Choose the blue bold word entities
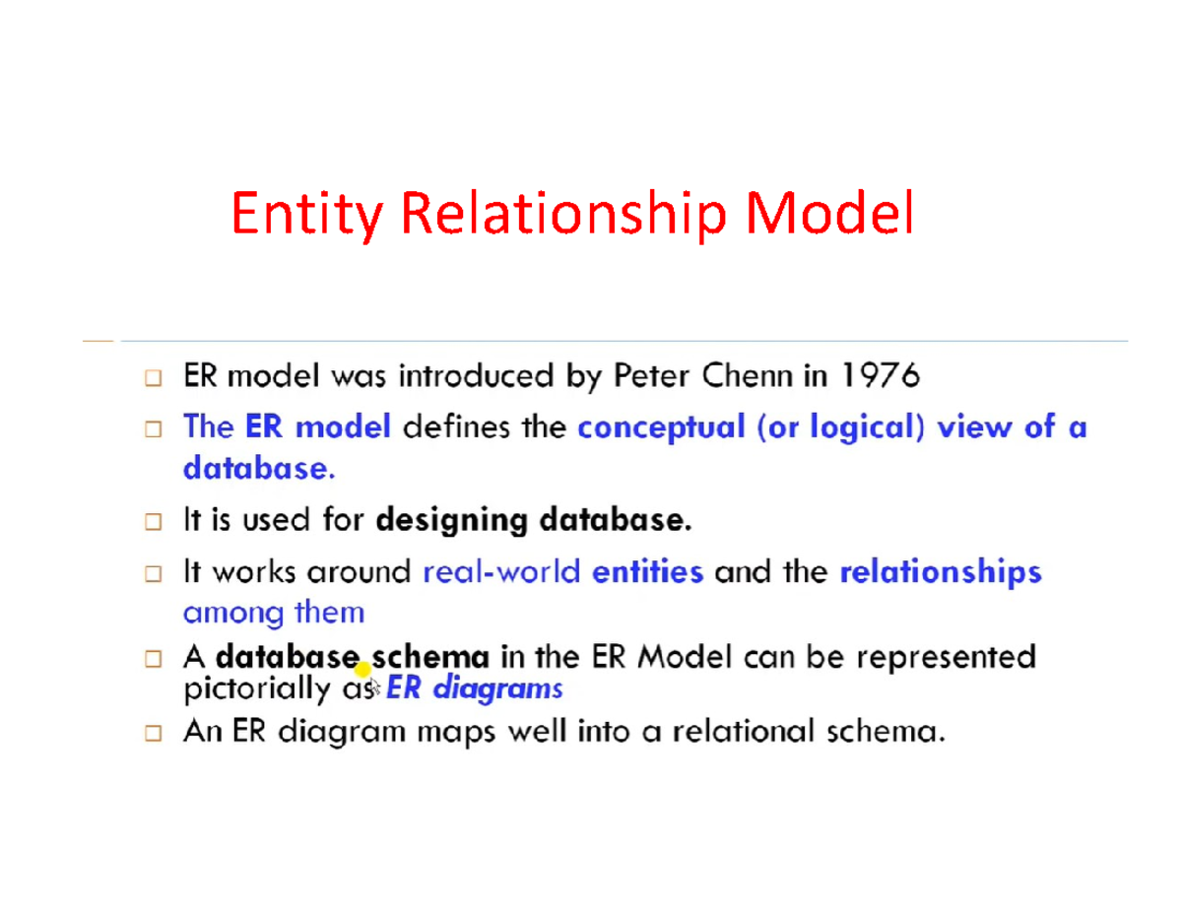pos(647,572)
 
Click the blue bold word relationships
pos(940,572)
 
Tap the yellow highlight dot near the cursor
pos(361,671)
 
